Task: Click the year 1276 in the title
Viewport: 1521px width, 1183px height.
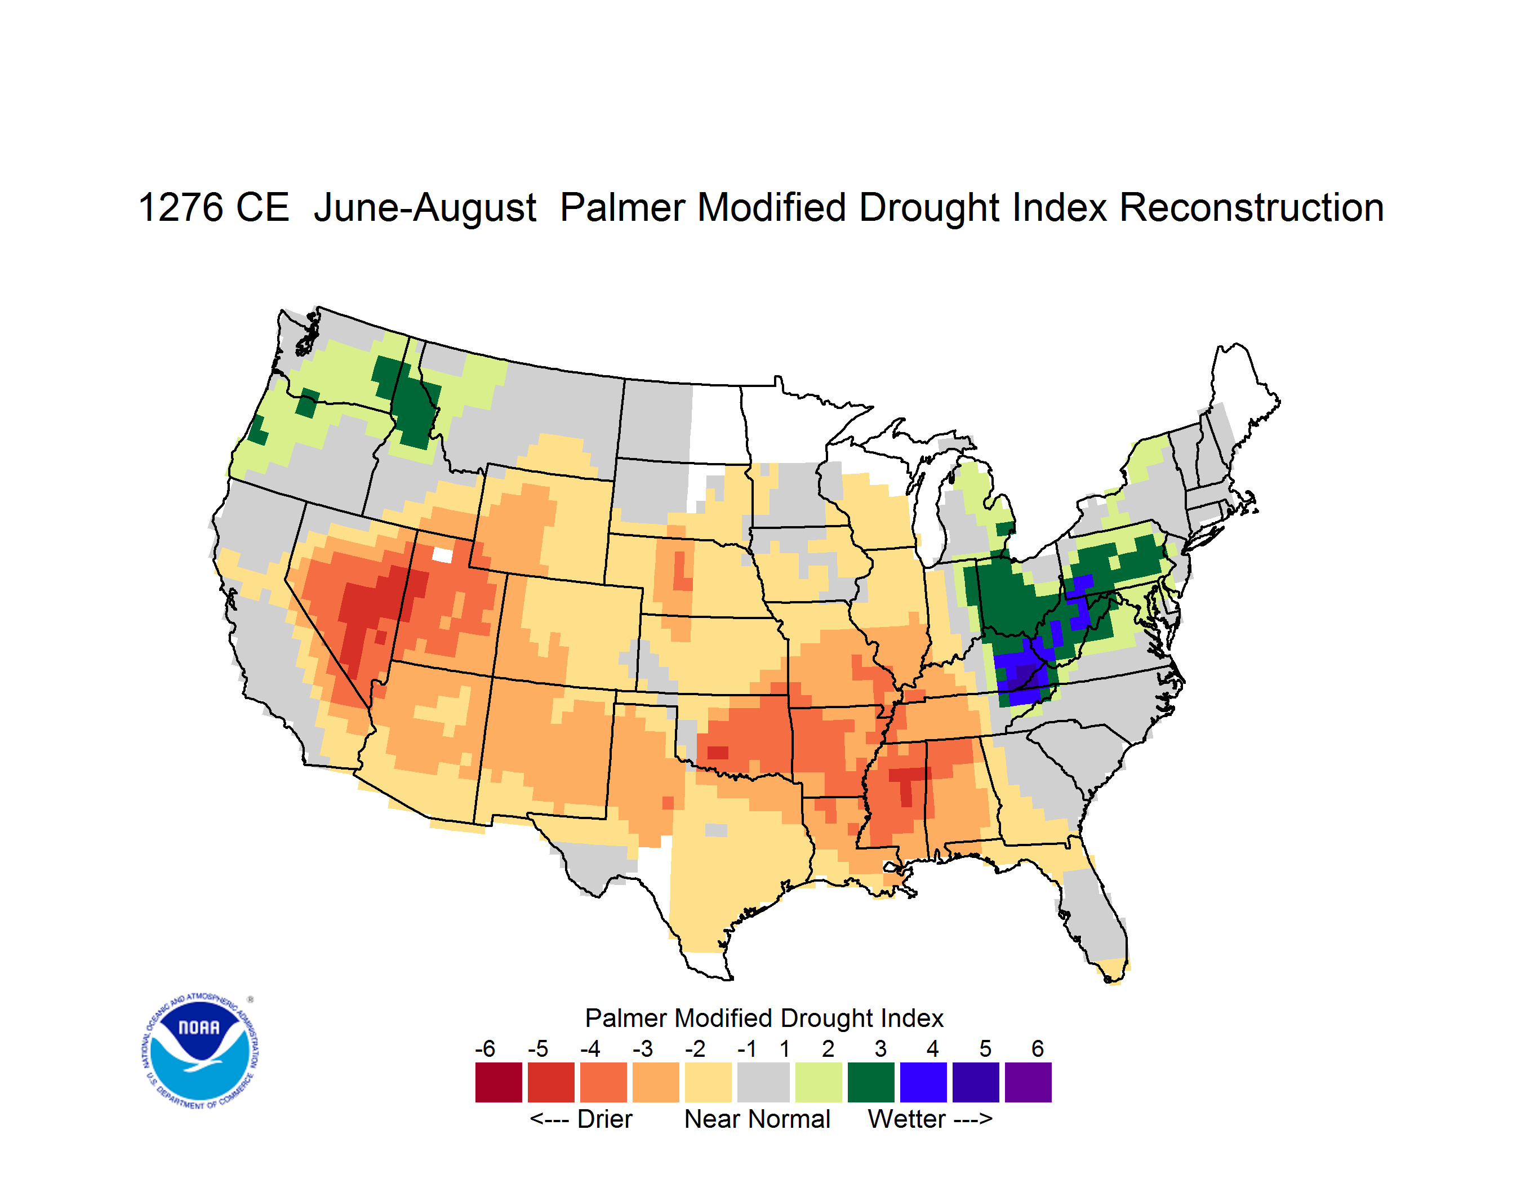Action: (180, 207)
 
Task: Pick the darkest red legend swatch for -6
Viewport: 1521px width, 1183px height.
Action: (499, 1082)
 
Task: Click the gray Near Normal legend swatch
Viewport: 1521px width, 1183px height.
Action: (763, 1082)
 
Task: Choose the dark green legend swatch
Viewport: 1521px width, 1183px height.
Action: (870, 1082)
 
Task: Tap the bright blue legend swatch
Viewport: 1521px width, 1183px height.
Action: (923, 1082)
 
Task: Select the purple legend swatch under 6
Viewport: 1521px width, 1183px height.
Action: (1028, 1082)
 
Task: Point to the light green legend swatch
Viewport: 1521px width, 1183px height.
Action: (819, 1082)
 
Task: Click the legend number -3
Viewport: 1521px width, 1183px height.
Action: (642, 1048)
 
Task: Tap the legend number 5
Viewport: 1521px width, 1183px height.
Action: (985, 1048)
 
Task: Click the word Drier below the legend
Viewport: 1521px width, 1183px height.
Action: (604, 1119)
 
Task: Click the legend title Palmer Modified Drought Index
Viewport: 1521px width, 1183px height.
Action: (764, 1018)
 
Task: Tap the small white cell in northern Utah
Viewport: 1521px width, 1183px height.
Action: (442, 555)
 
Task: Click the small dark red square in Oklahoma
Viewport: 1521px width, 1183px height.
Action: (717, 753)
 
